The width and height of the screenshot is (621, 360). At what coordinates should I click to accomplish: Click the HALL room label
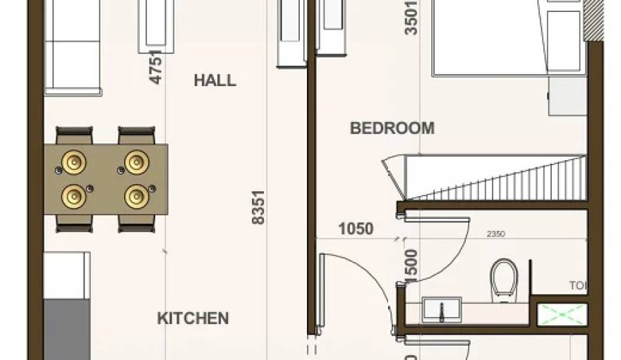pyautogui.click(x=215, y=80)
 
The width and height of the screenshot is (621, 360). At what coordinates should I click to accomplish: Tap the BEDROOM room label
pyautogui.click(x=392, y=128)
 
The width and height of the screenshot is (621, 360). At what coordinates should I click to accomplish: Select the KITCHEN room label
pyautogui.click(x=193, y=318)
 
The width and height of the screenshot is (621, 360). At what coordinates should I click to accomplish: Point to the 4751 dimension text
pyautogui.click(x=157, y=66)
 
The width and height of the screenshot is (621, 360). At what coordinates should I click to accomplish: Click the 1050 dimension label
pyautogui.click(x=356, y=228)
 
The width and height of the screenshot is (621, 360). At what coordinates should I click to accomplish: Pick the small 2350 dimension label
pyautogui.click(x=495, y=234)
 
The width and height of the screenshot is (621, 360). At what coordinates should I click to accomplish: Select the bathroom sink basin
pyautogui.click(x=441, y=309)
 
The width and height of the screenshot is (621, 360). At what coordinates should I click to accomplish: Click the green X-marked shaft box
pyautogui.click(x=562, y=314)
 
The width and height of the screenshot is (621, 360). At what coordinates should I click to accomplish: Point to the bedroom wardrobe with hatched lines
pyautogui.click(x=494, y=178)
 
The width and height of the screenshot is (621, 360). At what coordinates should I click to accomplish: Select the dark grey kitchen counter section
pyautogui.click(x=67, y=329)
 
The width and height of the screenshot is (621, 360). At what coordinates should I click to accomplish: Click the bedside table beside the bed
pyautogui.click(x=567, y=95)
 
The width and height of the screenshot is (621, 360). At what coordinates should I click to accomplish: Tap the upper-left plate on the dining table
pyautogui.click(x=74, y=162)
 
